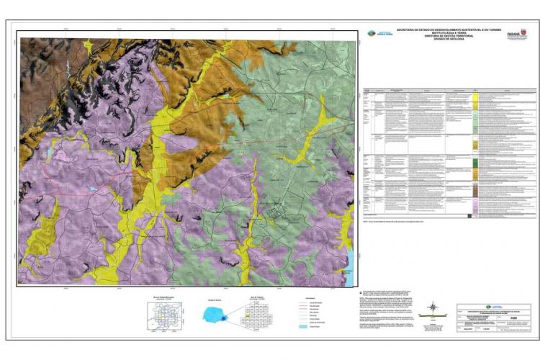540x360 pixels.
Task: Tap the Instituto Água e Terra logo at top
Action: pyautogui.click(x=376, y=33)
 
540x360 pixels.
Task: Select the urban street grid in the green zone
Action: pyautogui.click(x=276, y=212)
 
